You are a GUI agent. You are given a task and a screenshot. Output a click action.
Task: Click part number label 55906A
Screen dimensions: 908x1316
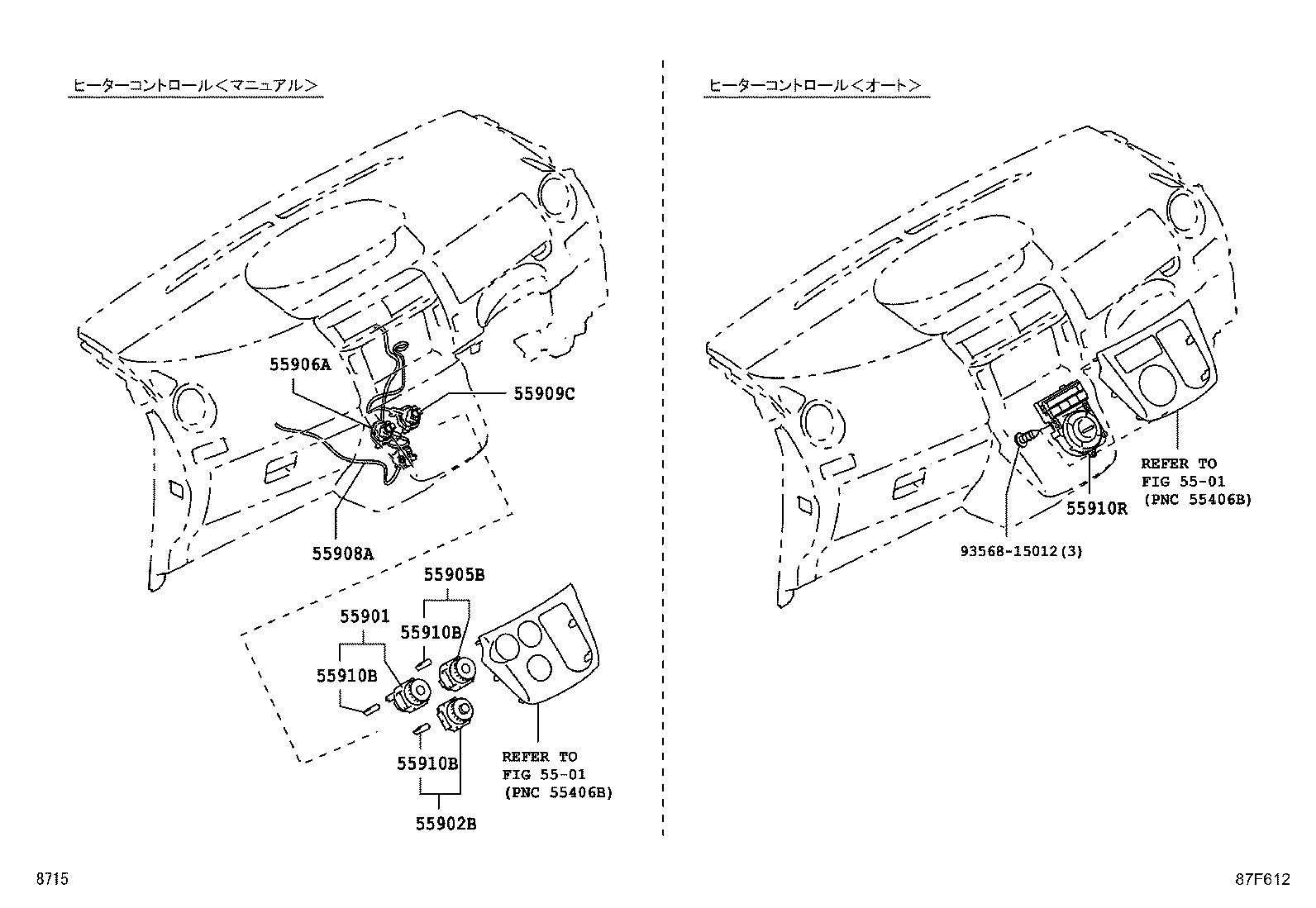click(x=299, y=364)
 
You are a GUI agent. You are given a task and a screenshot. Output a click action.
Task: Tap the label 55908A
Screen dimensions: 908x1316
click(x=342, y=554)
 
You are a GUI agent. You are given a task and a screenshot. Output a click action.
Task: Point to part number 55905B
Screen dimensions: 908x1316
click(x=454, y=575)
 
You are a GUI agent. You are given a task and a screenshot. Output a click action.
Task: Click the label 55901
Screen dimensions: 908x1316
click(x=364, y=616)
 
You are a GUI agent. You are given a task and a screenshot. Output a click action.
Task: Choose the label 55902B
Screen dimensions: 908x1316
click(x=446, y=824)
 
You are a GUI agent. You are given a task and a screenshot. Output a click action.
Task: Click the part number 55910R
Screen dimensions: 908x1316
click(x=1095, y=509)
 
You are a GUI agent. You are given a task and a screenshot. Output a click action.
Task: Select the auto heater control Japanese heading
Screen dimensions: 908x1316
click(x=815, y=85)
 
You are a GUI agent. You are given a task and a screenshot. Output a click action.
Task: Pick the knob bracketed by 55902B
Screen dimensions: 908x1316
click(x=454, y=713)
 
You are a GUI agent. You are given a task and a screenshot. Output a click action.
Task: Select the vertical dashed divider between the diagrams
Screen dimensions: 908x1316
click(x=663, y=446)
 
